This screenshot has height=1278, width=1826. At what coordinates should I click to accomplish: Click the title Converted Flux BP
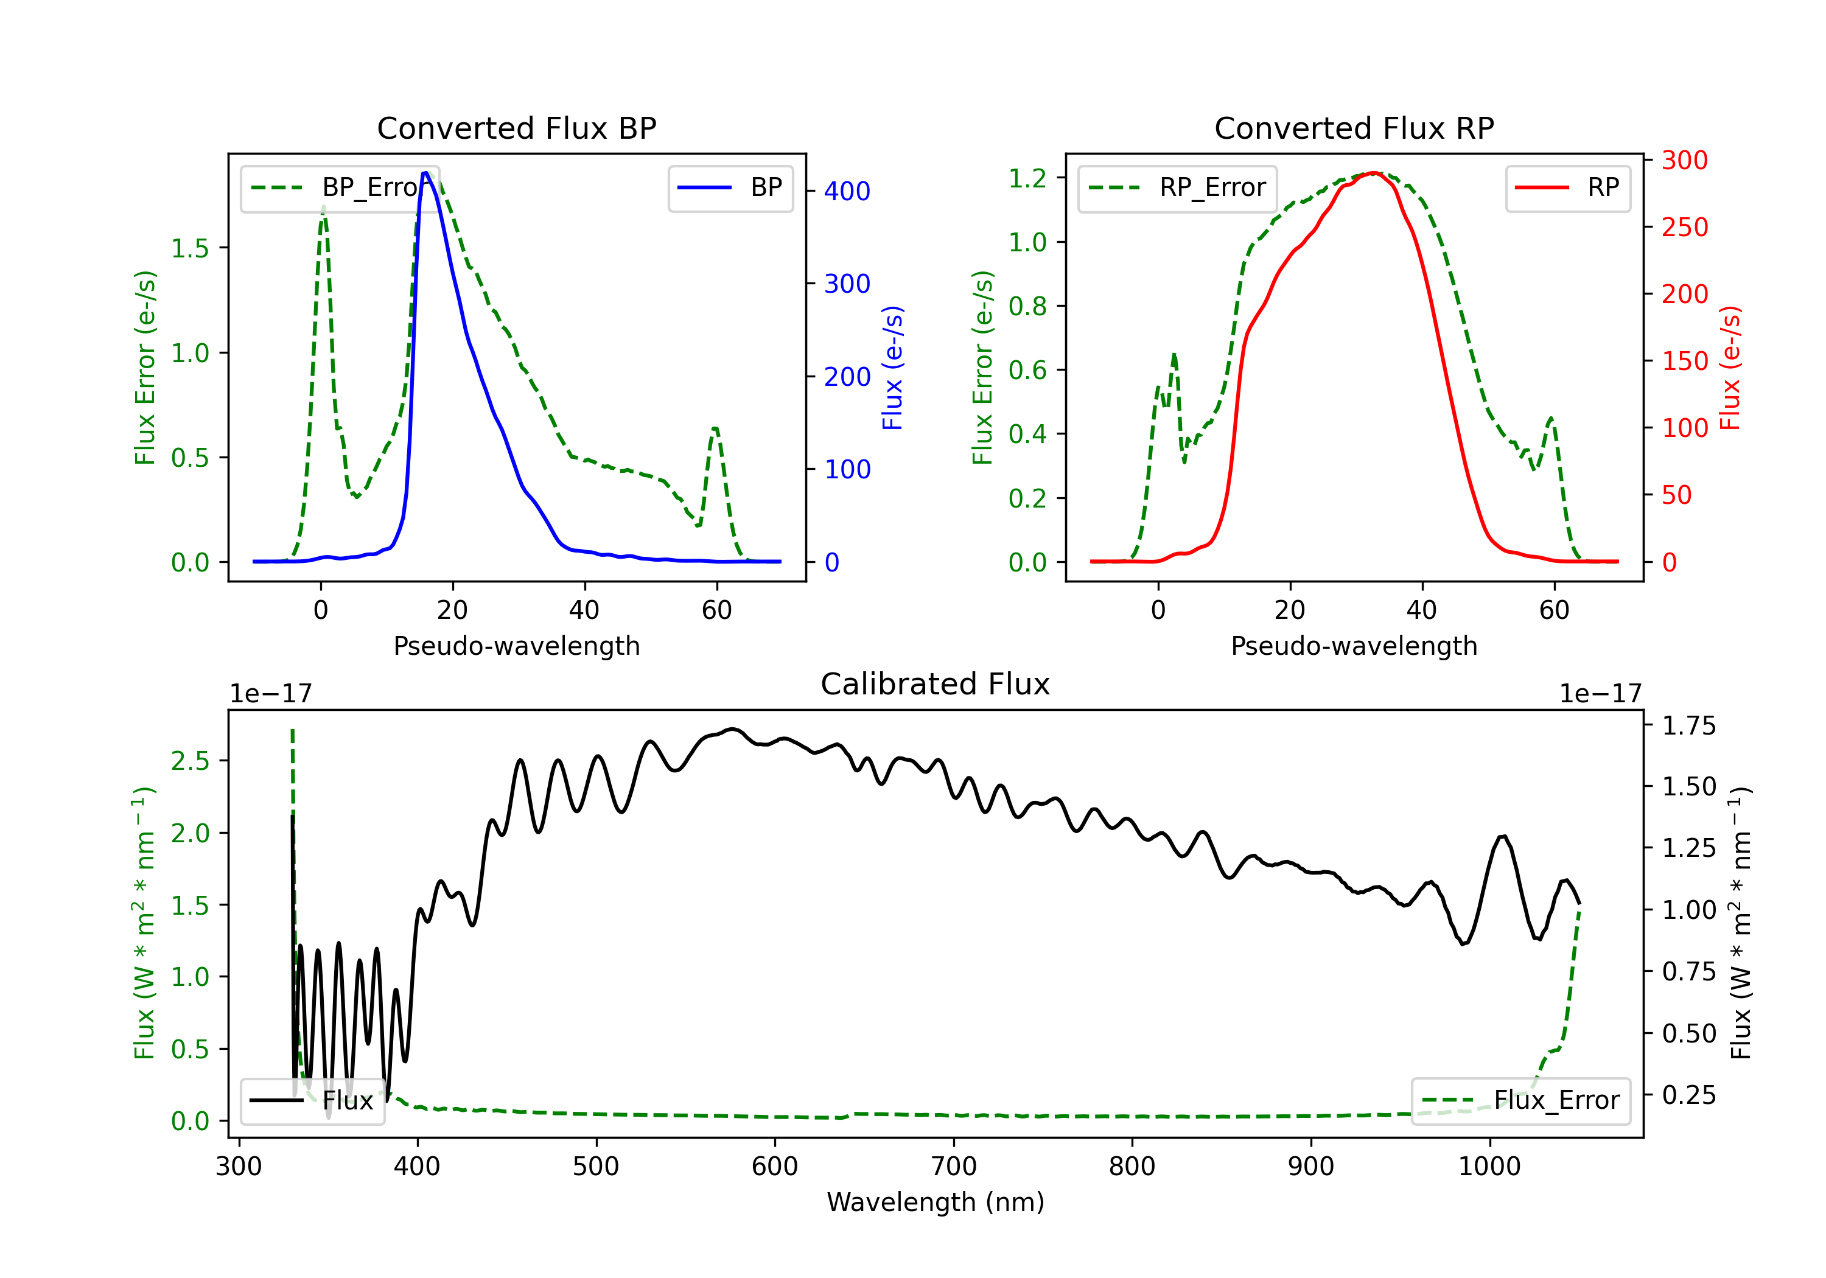pos(516,128)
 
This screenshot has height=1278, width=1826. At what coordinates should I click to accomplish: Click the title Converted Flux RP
pos(1354,128)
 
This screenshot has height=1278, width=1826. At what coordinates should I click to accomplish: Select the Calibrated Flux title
pos(936,684)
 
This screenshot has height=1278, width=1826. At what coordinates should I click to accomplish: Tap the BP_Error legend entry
pos(340,187)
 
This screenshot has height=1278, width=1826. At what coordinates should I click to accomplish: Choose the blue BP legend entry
pos(730,187)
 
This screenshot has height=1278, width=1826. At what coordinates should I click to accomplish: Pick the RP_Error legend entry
pos(1177,187)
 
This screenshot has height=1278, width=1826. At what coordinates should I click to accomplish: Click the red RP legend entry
pos(1567,187)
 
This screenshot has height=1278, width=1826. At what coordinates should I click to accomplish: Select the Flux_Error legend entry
pos(1520,1101)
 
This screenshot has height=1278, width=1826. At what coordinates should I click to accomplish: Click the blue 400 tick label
pos(847,191)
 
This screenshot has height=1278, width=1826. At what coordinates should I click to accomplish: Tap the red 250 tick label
pos(1684,228)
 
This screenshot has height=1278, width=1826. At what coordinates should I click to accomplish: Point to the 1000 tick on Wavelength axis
pos(1489,1167)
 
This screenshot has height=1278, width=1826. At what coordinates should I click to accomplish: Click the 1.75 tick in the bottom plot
pos(1689,726)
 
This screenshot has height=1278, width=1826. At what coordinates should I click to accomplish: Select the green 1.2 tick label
pos(1027,178)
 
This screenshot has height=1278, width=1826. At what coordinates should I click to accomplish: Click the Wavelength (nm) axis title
pos(936,1202)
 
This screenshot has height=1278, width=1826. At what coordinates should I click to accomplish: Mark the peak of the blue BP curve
pos(425,173)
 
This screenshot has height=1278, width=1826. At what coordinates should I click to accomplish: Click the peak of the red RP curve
pos(1374,173)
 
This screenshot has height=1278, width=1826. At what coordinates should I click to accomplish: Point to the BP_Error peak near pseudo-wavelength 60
pos(715,428)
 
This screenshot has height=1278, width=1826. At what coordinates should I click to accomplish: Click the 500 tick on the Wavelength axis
pos(596,1167)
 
